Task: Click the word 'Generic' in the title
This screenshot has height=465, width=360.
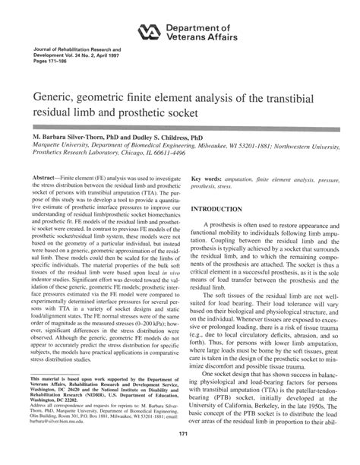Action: click(x=52, y=99)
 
